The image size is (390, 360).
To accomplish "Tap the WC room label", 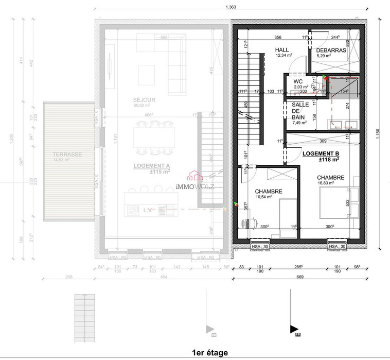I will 298,81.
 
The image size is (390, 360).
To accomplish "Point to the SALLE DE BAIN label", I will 300,111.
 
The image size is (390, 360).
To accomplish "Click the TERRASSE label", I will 67,155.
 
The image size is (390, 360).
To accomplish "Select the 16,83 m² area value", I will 326,183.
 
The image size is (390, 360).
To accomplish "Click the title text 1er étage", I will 209,352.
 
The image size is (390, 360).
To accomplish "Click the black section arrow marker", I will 293,329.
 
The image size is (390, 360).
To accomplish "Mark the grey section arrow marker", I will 209,329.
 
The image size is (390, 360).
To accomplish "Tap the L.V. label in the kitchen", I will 148,210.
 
